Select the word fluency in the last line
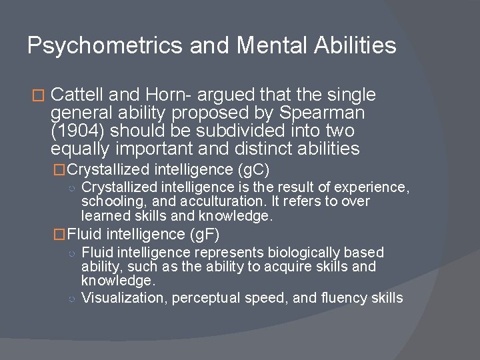tap(347, 297)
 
